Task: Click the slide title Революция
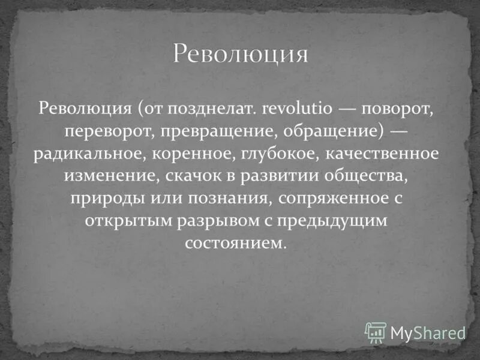[241, 54]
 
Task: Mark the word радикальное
[88, 154]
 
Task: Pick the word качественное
[383, 154]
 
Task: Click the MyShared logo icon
[376, 332]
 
